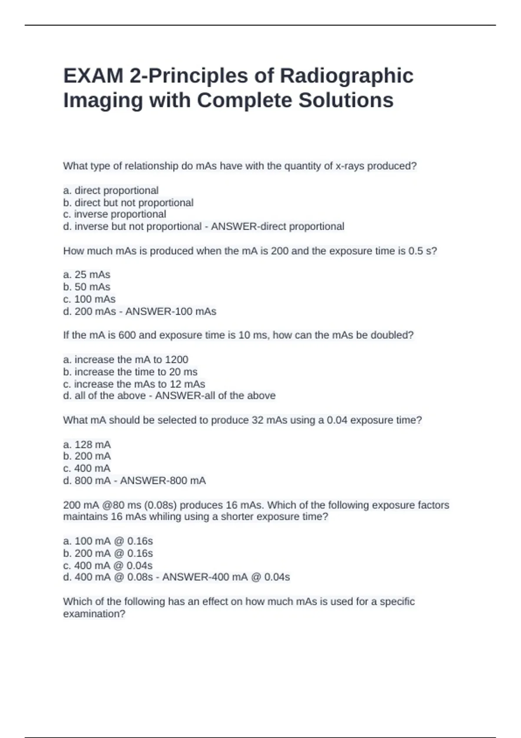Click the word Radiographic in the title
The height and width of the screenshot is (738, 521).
(x=346, y=76)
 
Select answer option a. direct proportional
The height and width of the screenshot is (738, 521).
(x=111, y=191)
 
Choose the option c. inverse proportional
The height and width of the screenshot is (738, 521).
(x=115, y=214)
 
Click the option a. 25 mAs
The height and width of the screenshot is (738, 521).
(x=87, y=275)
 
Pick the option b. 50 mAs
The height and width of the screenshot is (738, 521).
(x=87, y=287)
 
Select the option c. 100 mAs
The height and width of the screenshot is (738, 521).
(x=89, y=299)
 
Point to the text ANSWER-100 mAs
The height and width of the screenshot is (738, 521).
(x=171, y=312)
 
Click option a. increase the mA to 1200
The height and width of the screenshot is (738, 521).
(x=126, y=360)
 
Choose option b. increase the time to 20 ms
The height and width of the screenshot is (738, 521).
(x=130, y=372)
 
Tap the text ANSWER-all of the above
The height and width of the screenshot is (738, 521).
(x=215, y=396)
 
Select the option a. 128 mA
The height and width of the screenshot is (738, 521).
(x=87, y=445)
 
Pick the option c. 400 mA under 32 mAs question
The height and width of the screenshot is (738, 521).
(x=87, y=468)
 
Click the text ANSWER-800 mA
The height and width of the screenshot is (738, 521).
(x=163, y=481)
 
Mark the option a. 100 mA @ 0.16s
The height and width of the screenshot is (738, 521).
(x=108, y=541)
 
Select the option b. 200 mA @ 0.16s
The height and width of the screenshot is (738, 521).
(x=108, y=553)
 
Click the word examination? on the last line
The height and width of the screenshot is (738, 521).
(x=94, y=614)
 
